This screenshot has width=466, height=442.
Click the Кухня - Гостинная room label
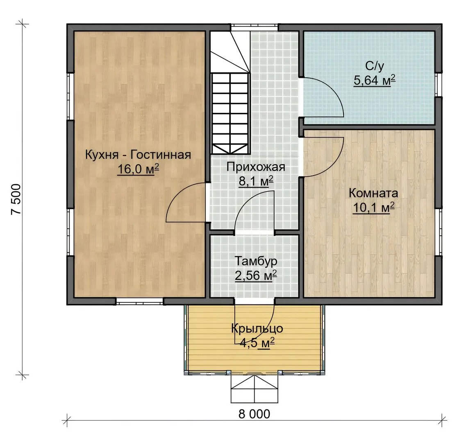point(138,155)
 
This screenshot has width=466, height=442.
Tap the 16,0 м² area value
point(138,169)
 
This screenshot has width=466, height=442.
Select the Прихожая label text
point(256,167)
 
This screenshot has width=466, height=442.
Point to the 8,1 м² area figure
point(256,181)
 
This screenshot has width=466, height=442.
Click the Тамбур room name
point(256,262)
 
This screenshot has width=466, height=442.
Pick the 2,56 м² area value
point(256,275)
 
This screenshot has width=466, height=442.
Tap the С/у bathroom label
point(375,66)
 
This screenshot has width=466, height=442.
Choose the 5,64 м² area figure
point(375,80)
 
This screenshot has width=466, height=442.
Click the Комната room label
point(373,193)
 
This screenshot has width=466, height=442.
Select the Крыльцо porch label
point(257,329)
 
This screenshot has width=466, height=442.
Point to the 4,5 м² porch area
point(257,343)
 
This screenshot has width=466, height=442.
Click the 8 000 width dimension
point(255,414)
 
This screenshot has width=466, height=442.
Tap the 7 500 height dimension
point(16,199)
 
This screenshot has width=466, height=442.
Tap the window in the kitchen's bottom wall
point(139,301)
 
